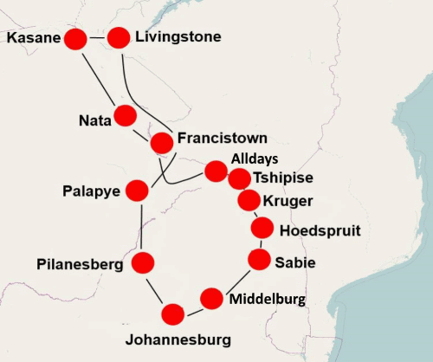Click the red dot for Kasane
(x=75, y=39)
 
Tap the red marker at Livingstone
(x=119, y=37)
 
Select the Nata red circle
(x=126, y=115)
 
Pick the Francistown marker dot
(x=162, y=143)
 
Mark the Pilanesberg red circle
(x=143, y=262)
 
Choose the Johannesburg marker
(x=172, y=314)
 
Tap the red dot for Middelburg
(x=211, y=299)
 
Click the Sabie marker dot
(x=259, y=259)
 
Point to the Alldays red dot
(x=216, y=171)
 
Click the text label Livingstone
(x=178, y=37)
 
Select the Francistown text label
(x=222, y=139)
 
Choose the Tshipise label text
(x=283, y=178)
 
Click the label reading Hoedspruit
(x=320, y=230)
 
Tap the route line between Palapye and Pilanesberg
(x=139, y=225)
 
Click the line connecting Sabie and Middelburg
(x=236, y=280)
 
